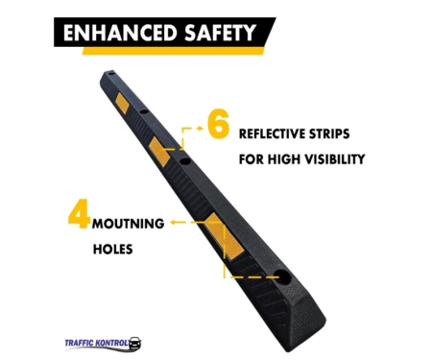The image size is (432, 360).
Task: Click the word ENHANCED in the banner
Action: pos(120,33)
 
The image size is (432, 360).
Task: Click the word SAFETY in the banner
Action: pos(221,33)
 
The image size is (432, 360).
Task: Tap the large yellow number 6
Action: pos(218,123)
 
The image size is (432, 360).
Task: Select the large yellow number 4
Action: pos(79,214)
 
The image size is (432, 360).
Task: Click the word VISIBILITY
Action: pos(334,159)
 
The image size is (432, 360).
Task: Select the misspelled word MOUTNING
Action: pos(128,224)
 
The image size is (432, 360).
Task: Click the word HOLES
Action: pos(112,250)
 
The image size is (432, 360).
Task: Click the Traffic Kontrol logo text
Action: pos(96,343)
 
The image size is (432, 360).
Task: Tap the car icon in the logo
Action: pos(134,343)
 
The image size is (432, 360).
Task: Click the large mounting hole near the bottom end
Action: pos(282,276)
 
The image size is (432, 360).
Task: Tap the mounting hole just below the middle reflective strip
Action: pos(184,161)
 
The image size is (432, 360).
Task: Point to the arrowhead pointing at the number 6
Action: pos(200,129)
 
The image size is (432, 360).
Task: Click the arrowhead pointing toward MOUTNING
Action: pos(173,222)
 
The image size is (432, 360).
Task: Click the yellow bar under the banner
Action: pos(174,51)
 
